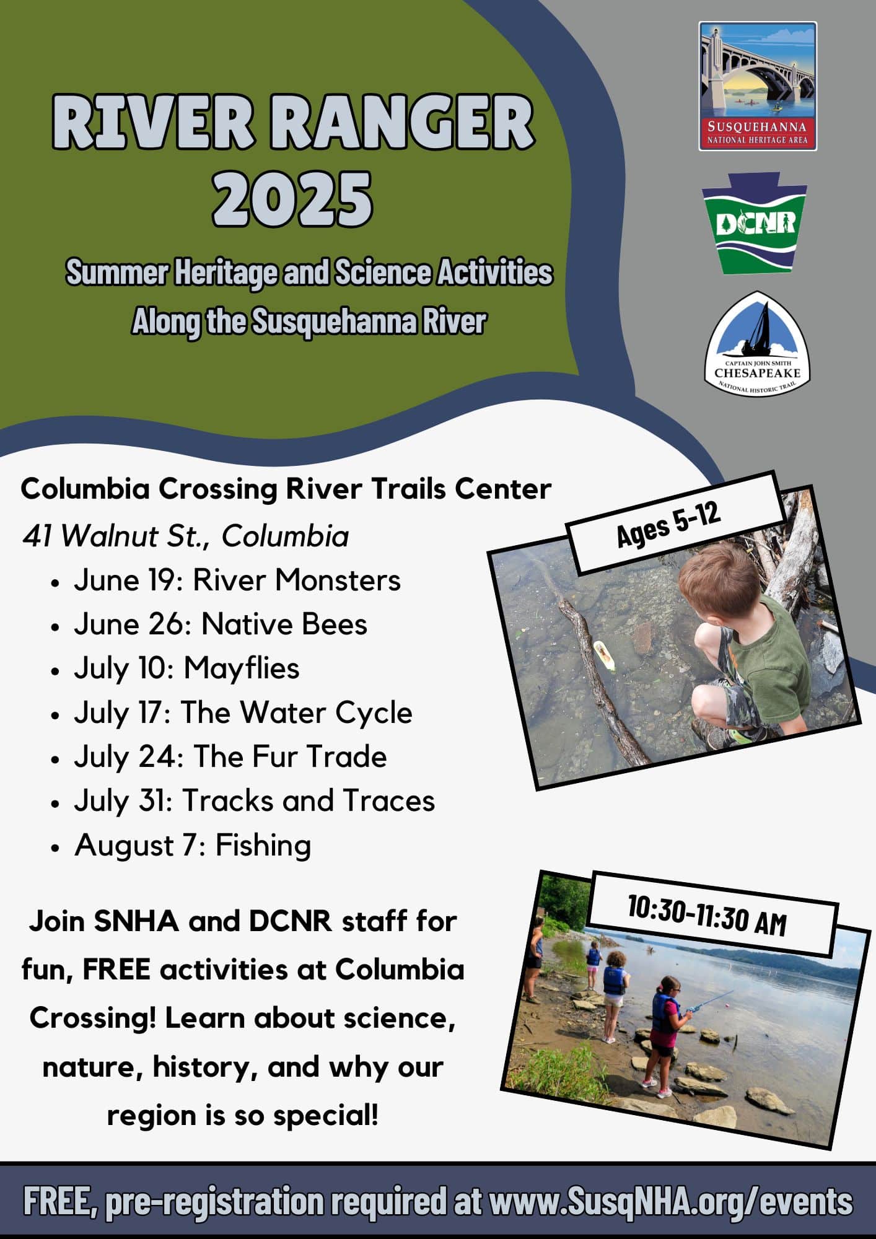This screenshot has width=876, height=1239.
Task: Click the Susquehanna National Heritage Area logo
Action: (758, 86)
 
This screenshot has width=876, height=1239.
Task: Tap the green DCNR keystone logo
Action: (755, 223)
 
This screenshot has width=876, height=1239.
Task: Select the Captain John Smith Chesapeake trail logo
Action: (758, 344)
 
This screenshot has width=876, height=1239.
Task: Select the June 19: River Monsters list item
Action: (237, 580)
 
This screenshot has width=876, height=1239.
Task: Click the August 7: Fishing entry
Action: (193, 846)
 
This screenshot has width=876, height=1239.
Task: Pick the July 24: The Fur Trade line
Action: (230, 757)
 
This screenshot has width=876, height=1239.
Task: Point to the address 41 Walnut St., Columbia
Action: (185, 536)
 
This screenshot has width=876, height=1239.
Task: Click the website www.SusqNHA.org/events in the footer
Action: (671, 1202)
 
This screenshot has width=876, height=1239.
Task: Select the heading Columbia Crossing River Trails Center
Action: (286, 489)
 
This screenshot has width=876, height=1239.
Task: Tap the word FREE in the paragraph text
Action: (116, 970)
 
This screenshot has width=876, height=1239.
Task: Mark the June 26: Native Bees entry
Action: (221, 624)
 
